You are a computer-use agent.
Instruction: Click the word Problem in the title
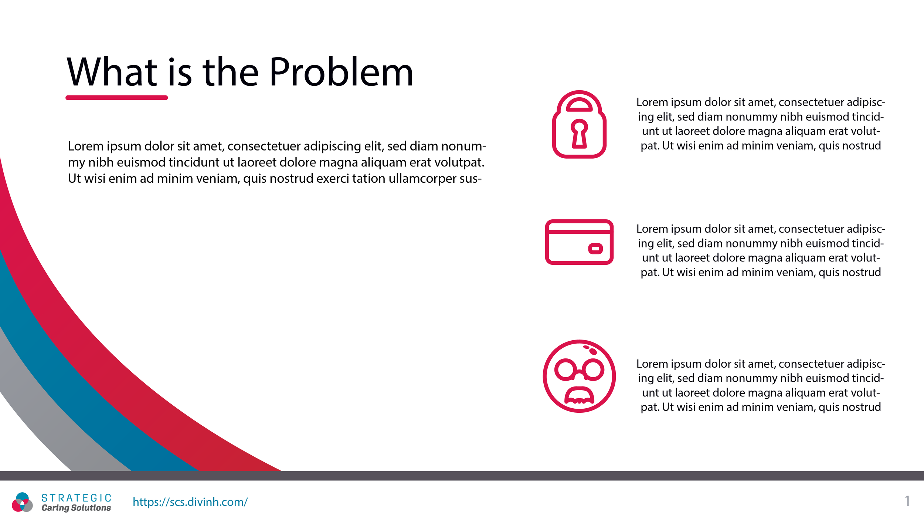[341, 72]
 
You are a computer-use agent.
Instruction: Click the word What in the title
[112, 72]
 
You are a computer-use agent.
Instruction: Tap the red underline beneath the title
[116, 98]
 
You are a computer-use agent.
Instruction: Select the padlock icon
[579, 124]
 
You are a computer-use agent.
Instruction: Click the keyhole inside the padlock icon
[579, 134]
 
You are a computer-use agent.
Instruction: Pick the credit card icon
[579, 242]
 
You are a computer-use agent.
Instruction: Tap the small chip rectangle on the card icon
[595, 249]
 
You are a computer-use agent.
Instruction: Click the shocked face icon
[579, 376]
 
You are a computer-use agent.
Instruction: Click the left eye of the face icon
[565, 369]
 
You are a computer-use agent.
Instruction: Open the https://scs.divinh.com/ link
[190, 502]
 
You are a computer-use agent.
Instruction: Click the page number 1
[907, 501]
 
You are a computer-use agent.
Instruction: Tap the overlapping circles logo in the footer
[22, 502]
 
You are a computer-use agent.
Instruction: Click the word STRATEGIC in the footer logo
[76, 498]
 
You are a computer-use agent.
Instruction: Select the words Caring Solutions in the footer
[76, 508]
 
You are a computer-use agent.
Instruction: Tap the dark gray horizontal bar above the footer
[462, 476]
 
